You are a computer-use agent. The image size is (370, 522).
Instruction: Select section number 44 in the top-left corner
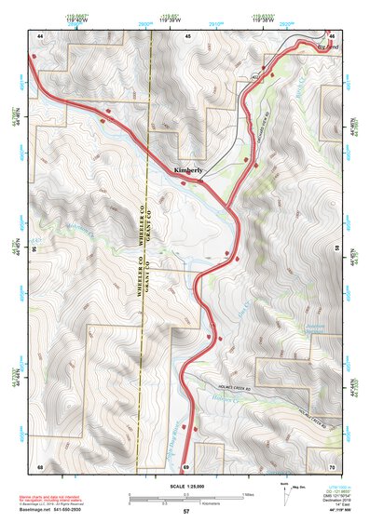tap(40, 35)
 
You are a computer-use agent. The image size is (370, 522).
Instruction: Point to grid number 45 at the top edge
tap(187, 35)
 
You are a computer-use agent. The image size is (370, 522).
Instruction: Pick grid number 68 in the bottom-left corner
tap(40, 465)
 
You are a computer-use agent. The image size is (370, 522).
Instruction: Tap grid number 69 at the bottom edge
tap(186, 465)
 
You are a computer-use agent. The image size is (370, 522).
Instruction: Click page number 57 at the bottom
tap(186, 512)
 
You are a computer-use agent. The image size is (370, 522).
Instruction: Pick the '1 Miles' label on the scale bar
tap(248, 492)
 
